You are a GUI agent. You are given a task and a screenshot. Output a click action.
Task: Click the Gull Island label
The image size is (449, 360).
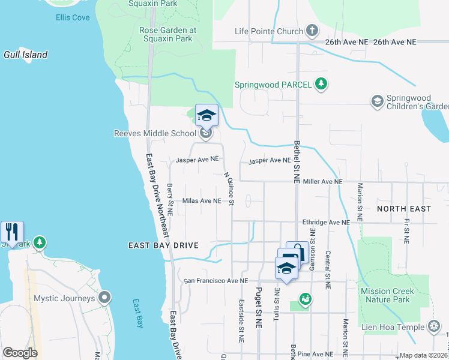(26, 55)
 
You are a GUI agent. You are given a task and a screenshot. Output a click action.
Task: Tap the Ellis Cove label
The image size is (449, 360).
(73, 17)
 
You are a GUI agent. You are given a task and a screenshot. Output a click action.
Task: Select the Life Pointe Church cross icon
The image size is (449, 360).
(312, 31)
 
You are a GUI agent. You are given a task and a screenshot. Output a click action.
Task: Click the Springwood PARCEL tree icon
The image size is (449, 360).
(322, 84)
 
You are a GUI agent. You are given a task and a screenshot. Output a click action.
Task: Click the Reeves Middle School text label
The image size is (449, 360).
(155, 133)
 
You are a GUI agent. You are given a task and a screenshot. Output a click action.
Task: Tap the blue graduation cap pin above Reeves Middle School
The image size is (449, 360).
(206, 115)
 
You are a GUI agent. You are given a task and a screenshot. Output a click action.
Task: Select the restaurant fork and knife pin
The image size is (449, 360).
(12, 231)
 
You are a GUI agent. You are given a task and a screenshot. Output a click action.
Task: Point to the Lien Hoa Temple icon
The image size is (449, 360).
(434, 327)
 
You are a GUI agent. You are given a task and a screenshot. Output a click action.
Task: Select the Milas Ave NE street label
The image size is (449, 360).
(202, 201)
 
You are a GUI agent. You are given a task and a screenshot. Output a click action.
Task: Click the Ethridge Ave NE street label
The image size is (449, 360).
(325, 222)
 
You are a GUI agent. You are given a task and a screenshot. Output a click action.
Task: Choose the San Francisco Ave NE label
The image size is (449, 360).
(215, 280)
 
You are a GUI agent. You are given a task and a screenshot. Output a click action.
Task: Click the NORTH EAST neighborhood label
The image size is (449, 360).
(404, 209)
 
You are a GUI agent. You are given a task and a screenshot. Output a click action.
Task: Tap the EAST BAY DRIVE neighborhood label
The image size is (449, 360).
(163, 245)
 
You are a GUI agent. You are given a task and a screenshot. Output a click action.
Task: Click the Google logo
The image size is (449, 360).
(20, 353)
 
